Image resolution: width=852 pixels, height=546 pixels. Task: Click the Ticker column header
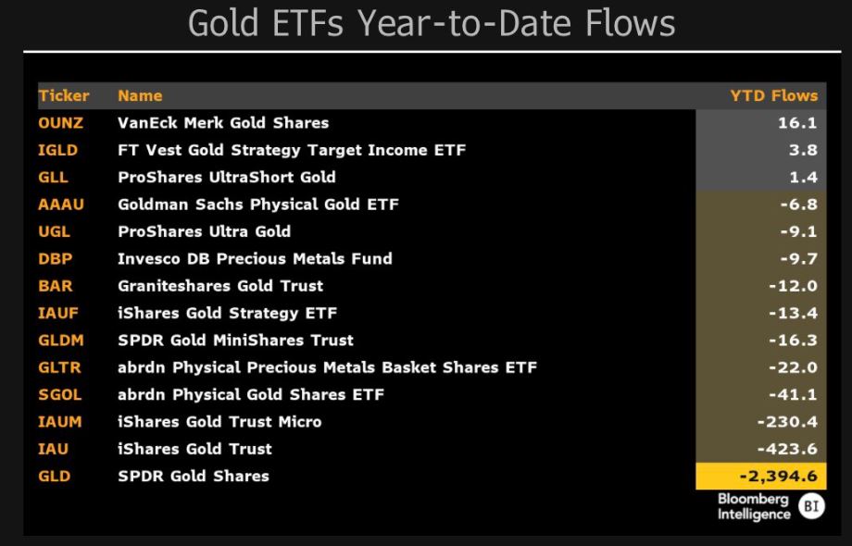click(64, 96)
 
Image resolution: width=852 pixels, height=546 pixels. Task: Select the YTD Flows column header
click(774, 96)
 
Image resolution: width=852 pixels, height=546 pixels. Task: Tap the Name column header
click(140, 96)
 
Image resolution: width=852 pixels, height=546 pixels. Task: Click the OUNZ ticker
click(60, 123)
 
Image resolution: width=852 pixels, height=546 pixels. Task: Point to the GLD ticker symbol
click(55, 477)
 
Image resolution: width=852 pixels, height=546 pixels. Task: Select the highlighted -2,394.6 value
click(778, 477)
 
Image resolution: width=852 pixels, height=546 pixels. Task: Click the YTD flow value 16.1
click(797, 123)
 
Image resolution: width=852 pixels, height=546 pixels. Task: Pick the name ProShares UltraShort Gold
click(227, 178)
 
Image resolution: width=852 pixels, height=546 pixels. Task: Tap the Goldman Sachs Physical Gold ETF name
click(258, 205)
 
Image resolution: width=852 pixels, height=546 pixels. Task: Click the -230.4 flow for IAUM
click(787, 422)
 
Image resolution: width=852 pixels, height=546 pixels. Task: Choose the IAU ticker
click(54, 450)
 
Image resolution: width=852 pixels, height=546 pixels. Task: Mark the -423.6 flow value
click(787, 450)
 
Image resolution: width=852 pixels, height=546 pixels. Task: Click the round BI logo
click(812, 506)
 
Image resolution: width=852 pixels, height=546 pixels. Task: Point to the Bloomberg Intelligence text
click(754, 507)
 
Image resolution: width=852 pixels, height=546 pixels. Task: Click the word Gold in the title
click(223, 23)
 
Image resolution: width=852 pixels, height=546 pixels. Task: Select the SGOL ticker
click(60, 395)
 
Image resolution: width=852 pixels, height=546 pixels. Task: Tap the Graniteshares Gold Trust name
click(220, 286)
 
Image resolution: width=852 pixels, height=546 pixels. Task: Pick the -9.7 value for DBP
click(798, 259)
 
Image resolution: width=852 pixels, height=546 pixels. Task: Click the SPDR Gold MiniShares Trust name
click(235, 341)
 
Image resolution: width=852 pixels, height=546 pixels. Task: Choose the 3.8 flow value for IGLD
click(803, 150)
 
